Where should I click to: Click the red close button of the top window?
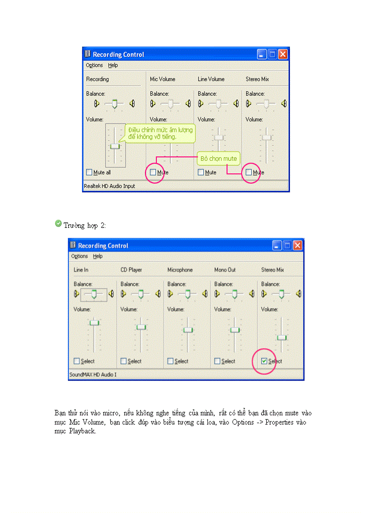(x=283, y=54)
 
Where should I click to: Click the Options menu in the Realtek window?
(x=94, y=65)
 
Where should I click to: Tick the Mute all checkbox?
(x=89, y=172)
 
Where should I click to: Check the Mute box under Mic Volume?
(x=153, y=172)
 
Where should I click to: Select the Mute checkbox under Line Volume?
(x=201, y=172)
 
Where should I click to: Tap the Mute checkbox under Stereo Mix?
(x=248, y=172)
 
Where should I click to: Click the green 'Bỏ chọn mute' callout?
(x=218, y=159)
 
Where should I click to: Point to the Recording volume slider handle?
(x=114, y=146)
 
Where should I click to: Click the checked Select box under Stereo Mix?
(x=264, y=361)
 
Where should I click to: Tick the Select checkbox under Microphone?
(x=170, y=361)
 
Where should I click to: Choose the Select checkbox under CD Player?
(x=124, y=361)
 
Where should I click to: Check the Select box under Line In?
(x=77, y=361)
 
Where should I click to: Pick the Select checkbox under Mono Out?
(x=217, y=361)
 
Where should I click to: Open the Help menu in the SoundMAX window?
(x=98, y=256)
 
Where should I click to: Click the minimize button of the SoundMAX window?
(x=277, y=245)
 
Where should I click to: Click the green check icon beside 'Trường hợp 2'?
(x=58, y=223)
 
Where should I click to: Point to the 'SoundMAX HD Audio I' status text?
(x=93, y=374)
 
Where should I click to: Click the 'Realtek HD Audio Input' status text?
(x=109, y=186)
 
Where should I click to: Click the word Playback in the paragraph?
(x=83, y=431)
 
